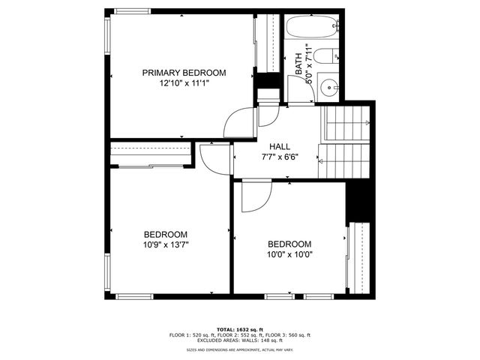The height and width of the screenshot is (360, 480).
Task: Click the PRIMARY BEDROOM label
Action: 184,73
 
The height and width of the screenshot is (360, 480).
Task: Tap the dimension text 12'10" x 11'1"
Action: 184,84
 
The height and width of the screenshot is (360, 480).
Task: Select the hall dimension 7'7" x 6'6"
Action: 280,157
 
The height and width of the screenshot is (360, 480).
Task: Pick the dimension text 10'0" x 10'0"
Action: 289,255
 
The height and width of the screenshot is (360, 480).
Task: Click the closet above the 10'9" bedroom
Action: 150,154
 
